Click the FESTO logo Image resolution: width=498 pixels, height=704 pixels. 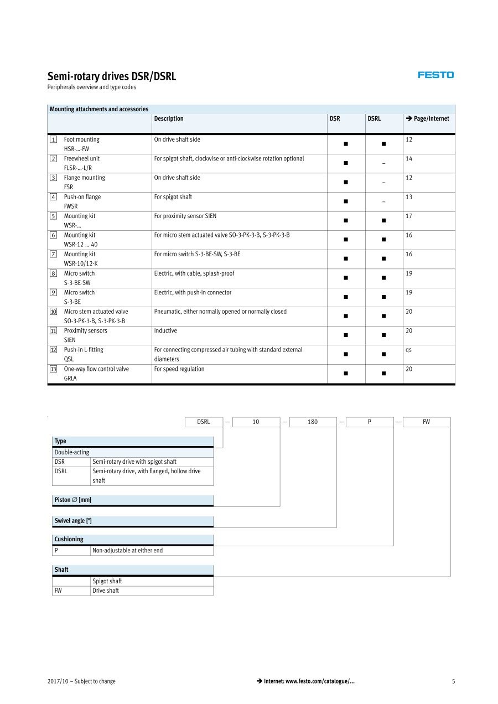tap(435, 75)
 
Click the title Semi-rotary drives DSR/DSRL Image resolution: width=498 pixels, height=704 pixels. tap(111, 76)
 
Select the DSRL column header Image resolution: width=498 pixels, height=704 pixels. tap(374, 118)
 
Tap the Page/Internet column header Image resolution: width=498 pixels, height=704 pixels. tap(427, 118)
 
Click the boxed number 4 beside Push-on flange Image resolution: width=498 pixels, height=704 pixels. tap(53, 197)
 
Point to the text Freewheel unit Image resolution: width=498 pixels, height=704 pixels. tap(82, 159)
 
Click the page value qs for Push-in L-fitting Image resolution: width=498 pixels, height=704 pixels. tap(408, 350)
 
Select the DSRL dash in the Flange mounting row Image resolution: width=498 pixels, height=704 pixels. tap(383, 183)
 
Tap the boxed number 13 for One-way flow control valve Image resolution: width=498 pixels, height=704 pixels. tap(53, 369)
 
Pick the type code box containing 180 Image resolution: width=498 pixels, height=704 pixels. tap(313, 422)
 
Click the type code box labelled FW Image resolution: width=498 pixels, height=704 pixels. tap(426, 422)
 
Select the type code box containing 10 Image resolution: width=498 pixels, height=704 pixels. tap(256, 422)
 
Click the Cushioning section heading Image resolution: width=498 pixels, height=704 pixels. tap(69, 539)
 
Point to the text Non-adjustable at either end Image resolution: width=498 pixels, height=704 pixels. tap(127, 551)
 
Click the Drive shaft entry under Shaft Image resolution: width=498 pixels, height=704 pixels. tap(106, 591)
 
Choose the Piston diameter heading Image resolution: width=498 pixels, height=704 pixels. tap(72, 500)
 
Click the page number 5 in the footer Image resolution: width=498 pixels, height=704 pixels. tap(453, 681)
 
